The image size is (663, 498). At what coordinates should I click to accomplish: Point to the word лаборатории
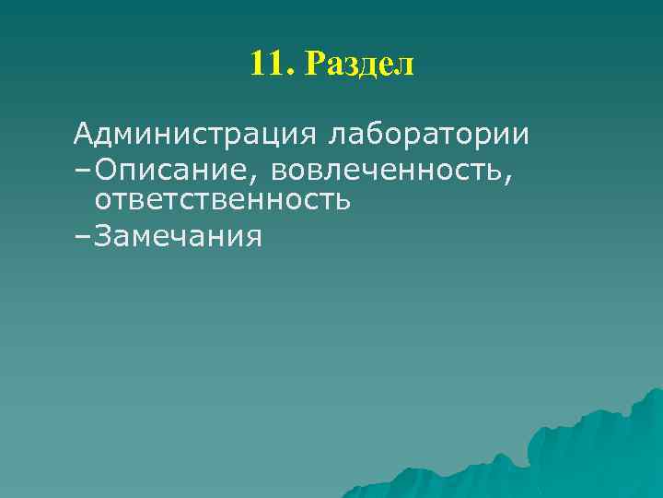click(426, 135)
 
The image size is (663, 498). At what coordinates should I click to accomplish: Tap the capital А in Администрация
click(84, 135)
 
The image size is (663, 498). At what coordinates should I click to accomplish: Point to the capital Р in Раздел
click(314, 65)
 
